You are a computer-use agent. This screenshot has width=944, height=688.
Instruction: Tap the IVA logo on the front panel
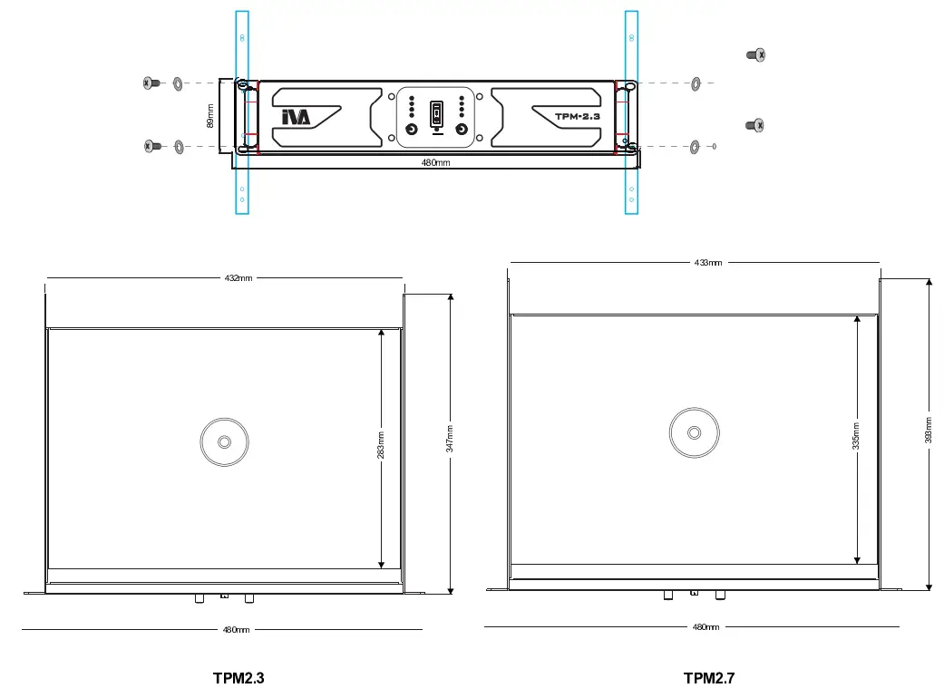(296, 117)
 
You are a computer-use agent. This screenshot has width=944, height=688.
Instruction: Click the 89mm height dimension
(210, 117)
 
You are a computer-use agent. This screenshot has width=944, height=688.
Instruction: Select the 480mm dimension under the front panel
(436, 163)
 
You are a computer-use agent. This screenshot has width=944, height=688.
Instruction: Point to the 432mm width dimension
(238, 277)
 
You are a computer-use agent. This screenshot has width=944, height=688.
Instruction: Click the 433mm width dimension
(708, 262)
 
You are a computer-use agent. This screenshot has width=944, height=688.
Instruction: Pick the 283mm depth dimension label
(381, 444)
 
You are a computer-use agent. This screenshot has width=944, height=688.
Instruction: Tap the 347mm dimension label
(450, 444)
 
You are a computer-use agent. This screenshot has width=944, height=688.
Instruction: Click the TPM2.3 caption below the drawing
(238, 677)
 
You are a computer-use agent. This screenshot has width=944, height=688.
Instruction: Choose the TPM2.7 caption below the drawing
(708, 677)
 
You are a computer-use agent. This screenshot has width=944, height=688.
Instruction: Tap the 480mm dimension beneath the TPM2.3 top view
(237, 629)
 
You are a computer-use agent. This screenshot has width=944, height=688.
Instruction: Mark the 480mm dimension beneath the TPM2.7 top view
(706, 626)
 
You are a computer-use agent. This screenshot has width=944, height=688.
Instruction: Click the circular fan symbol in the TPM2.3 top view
(224, 442)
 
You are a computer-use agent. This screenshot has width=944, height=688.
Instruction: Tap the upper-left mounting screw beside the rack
(151, 83)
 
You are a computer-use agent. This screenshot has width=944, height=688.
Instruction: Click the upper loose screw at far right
(755, 55)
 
